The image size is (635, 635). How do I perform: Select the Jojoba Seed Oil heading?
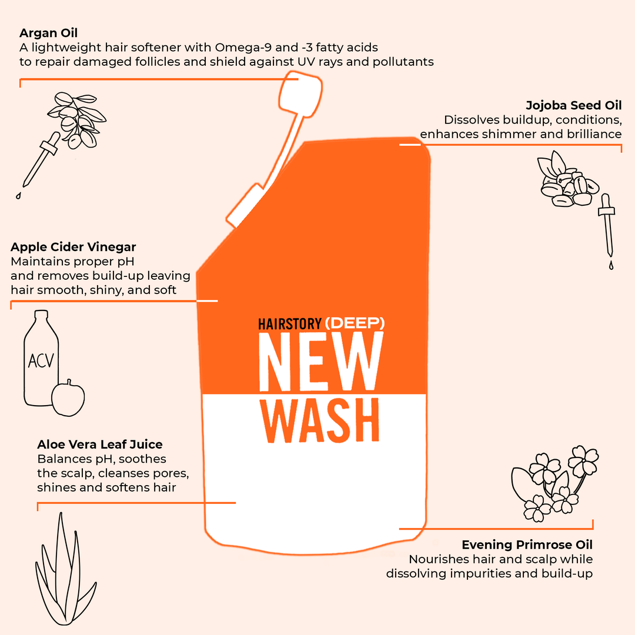573,105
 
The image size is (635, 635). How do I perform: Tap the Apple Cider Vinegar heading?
73,246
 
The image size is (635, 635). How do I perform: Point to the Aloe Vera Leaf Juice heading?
100,444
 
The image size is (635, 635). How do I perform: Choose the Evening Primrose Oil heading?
527,544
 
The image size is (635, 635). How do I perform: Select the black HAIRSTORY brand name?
290,323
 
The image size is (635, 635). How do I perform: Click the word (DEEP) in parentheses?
355,323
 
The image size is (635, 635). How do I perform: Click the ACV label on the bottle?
41,359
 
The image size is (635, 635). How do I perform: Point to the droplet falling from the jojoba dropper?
611,265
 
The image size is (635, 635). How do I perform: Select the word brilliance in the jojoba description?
591,134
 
